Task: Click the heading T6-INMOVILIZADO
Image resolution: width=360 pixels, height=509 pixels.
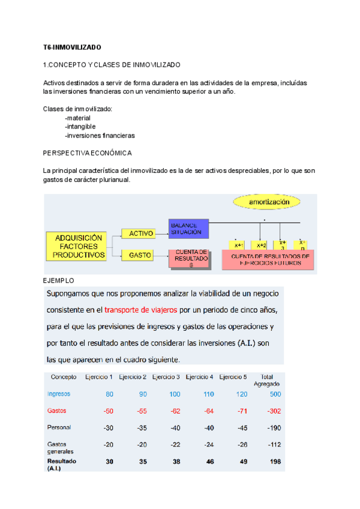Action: pos(73,46)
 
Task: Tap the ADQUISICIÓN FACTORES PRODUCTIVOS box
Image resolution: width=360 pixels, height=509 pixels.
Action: pos(79,246)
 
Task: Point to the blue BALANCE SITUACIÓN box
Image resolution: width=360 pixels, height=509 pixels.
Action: pos(188,227)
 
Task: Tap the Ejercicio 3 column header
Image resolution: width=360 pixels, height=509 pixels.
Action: pos(166,376)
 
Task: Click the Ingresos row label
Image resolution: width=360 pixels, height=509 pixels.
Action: pos(59,394)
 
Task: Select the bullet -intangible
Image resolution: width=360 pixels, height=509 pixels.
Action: pos(80,127)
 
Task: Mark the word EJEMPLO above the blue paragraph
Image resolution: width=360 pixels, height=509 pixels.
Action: pos(58,280)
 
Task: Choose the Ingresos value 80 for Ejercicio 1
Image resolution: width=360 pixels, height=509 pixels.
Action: pos(109,394)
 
